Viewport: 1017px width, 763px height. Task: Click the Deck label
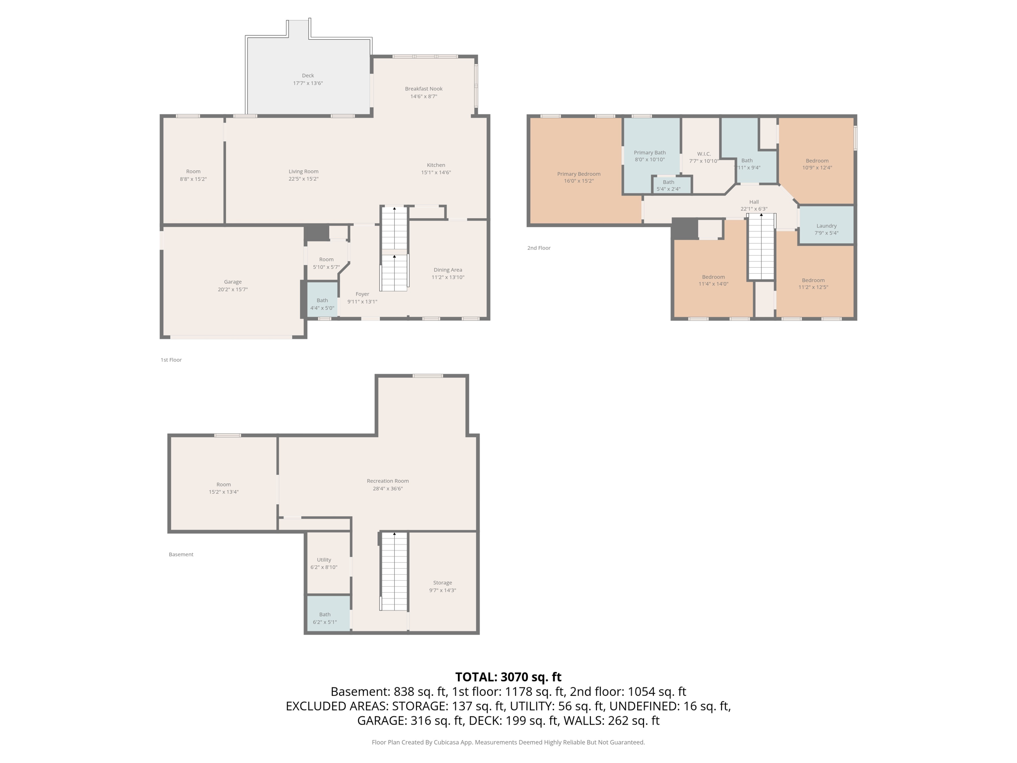[x=308, y=76]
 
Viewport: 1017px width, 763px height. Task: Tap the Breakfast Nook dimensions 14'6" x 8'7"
[x=424, y=96]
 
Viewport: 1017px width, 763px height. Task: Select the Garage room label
[x=232, y=282]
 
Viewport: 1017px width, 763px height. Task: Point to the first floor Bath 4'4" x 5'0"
[x=322, y=304]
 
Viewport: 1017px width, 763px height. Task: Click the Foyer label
[x=362, y=294]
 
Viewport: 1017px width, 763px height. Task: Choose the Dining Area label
[x=447, y=270]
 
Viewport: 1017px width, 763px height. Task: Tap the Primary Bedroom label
[x=579, y=174]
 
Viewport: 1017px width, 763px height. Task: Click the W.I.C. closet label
[x=704, y=154]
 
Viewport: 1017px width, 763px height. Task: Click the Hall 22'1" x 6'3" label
[x=754, y=205]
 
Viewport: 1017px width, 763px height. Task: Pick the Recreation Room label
[x=387, y=481]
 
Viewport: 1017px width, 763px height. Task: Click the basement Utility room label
[x=324, y=560]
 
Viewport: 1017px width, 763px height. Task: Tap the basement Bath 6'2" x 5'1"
[x=325, y=618]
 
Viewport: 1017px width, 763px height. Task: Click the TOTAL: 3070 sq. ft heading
[x=508, y=677]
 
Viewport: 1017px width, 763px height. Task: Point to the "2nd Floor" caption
[x=539, y=248]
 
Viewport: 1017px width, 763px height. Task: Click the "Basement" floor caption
[x=181, y=554]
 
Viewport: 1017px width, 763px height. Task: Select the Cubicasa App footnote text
[x=508, y=742]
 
